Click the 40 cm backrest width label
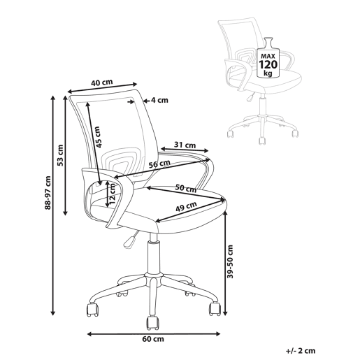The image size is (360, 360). (x=101, y=82)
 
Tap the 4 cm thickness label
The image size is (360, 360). (x=159, y=100)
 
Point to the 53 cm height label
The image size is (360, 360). (x=60, y=155)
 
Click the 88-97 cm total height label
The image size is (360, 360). (x=48, y=193)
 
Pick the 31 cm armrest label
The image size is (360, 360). (x=185, y=145)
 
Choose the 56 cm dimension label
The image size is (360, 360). (x=159, y=164)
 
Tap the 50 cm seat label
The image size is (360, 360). (x=186, y=188)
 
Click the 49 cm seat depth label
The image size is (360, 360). (x=186, y=206)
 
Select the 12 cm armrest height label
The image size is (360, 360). (x=113, y=194)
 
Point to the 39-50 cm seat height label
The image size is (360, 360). (x=230, y=261)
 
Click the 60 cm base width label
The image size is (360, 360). (x=153, y=339)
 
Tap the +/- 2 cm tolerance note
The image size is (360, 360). (x=301, y=351)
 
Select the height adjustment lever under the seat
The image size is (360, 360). (x=131, y=240)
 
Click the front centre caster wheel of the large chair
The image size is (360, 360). (x=153, y=323)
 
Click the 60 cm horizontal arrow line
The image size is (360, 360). (x=154, y=334)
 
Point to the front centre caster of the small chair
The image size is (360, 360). (x=262, y=141)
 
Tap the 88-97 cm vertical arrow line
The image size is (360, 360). (x=53, y=206)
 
